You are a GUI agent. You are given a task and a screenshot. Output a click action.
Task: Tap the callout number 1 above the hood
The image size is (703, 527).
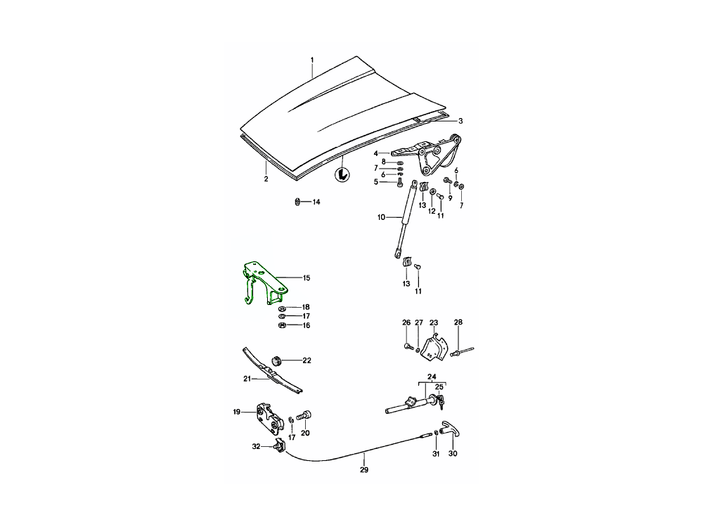pos(313,60)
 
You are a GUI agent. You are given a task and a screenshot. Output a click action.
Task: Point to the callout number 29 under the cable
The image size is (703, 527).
pos(364,469)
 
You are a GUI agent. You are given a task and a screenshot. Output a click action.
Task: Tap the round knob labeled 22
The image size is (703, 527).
pos(276,360)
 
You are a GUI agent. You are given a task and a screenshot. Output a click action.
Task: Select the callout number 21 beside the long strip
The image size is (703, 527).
pos(247,379)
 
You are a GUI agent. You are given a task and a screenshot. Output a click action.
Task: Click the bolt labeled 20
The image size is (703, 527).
pos(306,415)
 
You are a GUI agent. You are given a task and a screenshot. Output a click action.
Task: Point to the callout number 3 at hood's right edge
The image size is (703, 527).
pos(460,121)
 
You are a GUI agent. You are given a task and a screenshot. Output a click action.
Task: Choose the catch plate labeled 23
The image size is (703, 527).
pos(432,347)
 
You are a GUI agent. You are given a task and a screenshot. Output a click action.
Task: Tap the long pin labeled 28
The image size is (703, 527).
pos(462,351)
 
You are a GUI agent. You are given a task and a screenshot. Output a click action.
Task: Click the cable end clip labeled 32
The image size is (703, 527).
pos(279,446)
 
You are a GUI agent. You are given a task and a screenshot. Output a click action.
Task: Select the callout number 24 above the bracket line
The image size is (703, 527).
pos(432,377)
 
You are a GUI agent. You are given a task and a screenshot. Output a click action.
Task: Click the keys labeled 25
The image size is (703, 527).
pos(441,402)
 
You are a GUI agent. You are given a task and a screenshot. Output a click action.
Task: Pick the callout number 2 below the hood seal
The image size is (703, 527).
pos(266,178)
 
